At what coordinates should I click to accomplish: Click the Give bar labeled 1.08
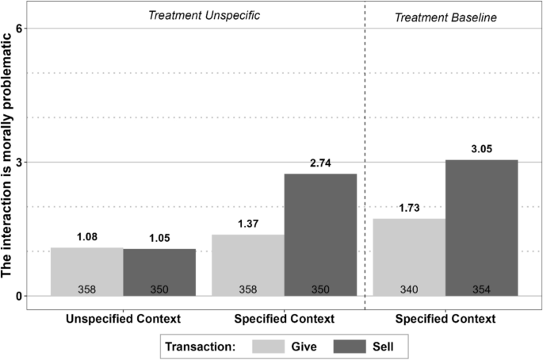point(86,271)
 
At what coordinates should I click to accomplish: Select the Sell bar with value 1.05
point(159,272)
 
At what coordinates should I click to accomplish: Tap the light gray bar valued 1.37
point(248,265)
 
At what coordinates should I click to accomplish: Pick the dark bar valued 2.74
point(320,235)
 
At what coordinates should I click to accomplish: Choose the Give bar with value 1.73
point(409,257)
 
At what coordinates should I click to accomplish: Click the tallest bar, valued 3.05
point(481,228)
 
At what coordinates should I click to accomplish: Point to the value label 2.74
point(320,164)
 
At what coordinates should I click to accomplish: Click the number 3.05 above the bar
point(481,150)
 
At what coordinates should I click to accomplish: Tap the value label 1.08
point(86,237)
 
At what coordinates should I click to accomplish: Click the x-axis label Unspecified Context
point(123,318)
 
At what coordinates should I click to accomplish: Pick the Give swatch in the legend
point(266,346)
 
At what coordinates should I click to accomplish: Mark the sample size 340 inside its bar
point(409,289)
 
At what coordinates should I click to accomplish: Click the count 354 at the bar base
point(481,289)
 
